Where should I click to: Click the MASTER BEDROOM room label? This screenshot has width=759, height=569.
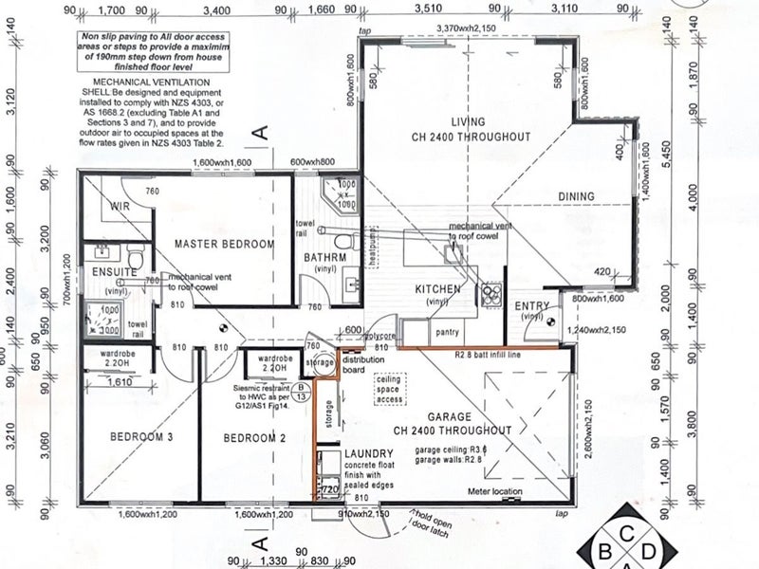click(x=224, y=245)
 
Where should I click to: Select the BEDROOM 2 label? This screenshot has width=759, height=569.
click(x=255, y=437)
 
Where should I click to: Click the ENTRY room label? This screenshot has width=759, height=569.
click(x=532, y=305)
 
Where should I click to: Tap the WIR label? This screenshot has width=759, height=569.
click(x=120, y=205)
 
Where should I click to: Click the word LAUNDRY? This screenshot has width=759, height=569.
click(x=370, y=453)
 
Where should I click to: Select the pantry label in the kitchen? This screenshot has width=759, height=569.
click(x=446, y=333)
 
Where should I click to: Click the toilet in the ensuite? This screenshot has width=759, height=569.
click(x=135, y=256)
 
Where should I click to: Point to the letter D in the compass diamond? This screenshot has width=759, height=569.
click(x=648, y=550)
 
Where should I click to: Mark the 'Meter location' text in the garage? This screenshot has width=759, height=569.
click(x=495, y=491)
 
